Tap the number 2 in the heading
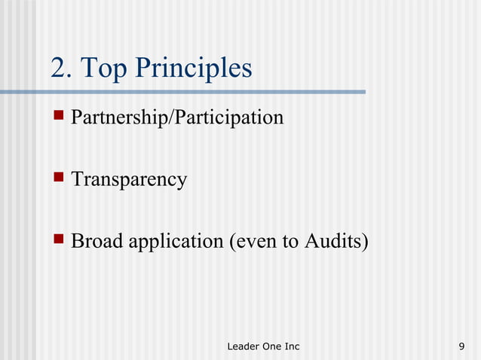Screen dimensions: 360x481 [x=58, y=69]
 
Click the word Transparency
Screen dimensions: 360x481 [x=128, y=181]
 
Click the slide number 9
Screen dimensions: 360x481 [x=461, y=346]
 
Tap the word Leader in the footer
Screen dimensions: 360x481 [x=242, y=346]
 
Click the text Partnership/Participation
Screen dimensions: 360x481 [x=177, y=118]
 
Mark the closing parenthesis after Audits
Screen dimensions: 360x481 [x=365, y=243]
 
